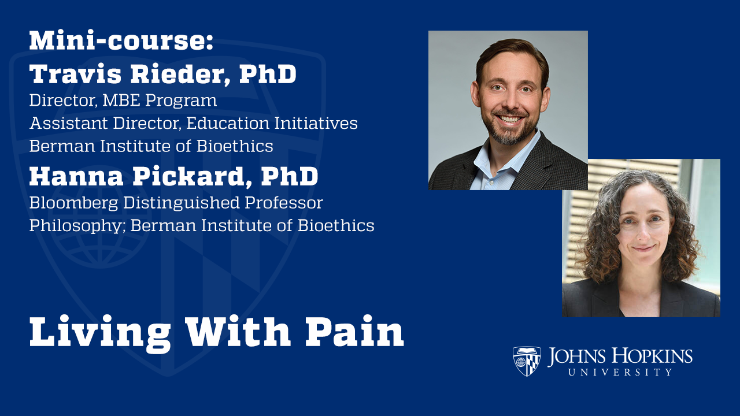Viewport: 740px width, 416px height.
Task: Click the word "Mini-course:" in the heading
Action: [121, 41]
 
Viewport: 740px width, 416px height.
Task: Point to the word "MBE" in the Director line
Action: [122, 101]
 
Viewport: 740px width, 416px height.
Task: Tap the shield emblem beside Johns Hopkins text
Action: [527, 361]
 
